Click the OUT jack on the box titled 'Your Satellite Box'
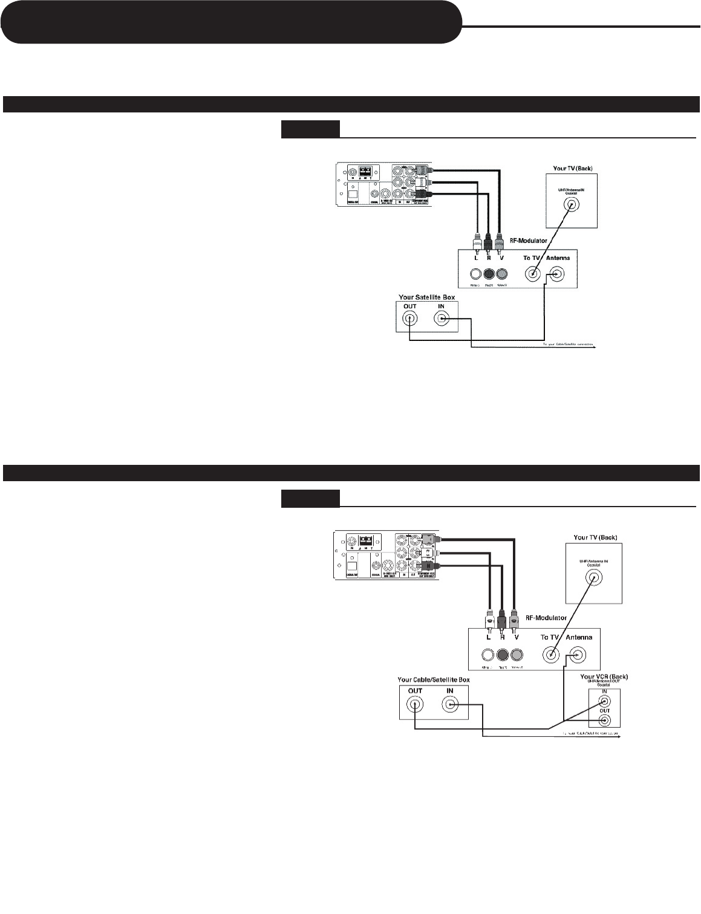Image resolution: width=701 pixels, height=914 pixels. [x=410, y=319]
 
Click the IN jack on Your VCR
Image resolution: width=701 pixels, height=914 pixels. [x=604, y=702]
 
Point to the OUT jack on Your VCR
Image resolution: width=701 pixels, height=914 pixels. [x=604, y=720]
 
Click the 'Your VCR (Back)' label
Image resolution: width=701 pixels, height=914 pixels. [x=604, y=676]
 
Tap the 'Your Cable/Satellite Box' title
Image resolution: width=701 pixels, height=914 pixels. [x=434, y=679]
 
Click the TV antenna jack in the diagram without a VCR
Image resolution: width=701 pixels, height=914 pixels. [x=570, y=205]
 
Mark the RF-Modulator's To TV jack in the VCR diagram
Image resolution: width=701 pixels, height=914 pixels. [x=551, y=654]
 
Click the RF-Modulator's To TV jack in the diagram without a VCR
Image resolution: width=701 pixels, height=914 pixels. [x=532, y=274]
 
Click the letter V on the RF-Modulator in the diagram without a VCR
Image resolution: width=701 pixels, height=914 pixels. [x=501, y=258]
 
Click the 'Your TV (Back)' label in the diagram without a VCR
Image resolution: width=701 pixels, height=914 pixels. [x=567, y=168]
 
